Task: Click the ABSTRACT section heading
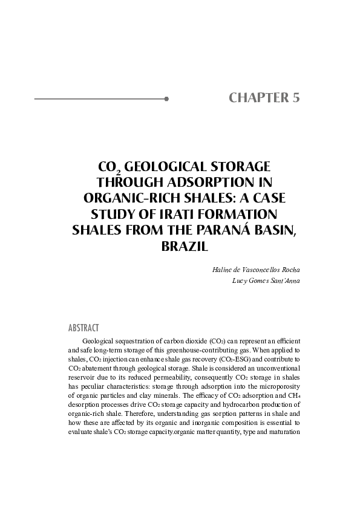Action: [x=83, y=328]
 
